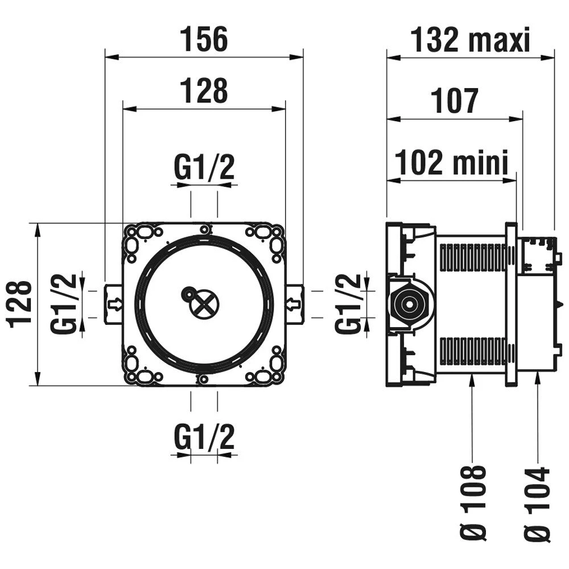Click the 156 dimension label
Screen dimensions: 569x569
click(x=204, y=40)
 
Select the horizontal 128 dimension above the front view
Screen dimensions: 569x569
click(x=204, y=90)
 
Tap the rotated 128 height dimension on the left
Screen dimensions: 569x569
click(x=20, y=303)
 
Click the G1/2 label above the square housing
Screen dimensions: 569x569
click(x=204, y=168)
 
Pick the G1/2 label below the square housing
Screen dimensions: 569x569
click(x=204, y=438)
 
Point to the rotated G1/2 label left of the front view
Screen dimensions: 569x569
click(x=63, y=303)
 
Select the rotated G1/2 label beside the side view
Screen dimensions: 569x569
click(x=348, y=303)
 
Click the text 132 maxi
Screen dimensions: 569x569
click(x=470, y=40)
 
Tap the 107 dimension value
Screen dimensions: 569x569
click(x=454, y=101)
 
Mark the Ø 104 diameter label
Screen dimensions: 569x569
click(x=538, y=504)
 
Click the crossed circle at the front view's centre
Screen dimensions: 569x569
click(x=204, y=304)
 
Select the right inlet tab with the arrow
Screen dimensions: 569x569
click(x=294, y=304)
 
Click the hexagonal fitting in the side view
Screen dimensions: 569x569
click(x=407, y=304)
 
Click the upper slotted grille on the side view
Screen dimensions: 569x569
click(x=472, y=257)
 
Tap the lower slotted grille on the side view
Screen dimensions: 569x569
click(x=472, y=351)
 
